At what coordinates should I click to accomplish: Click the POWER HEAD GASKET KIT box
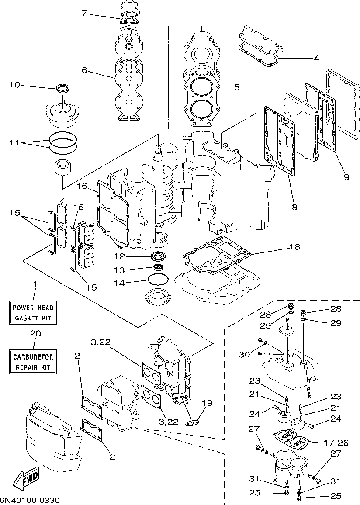pos(34,312)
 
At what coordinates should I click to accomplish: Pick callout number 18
pos(294,247)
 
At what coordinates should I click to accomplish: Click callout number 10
pos(14,84)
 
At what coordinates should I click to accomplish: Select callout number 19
pos(207,403)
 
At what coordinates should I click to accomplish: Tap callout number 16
pos(82,186)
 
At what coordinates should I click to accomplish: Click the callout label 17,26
pos(336,442)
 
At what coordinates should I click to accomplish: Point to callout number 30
pos(244,354)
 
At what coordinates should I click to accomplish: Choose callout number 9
pos(346,177)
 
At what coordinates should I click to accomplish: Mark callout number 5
pos(236,87)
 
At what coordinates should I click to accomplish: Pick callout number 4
pos(316,58)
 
